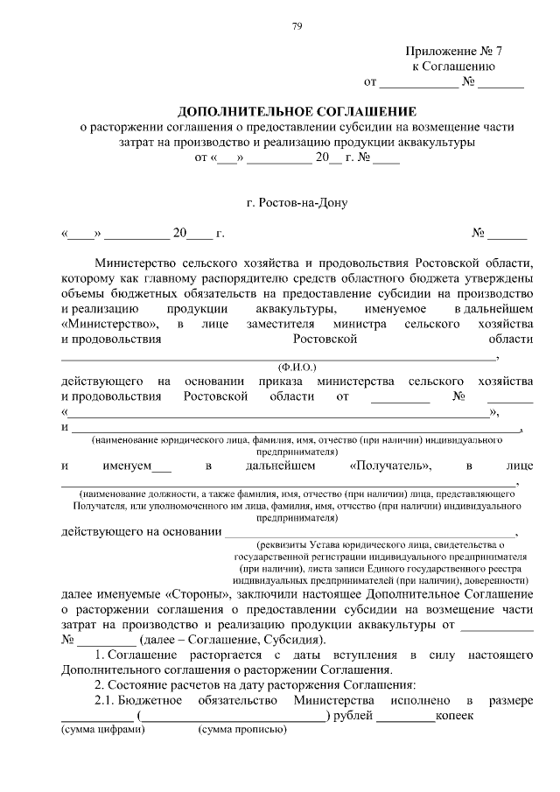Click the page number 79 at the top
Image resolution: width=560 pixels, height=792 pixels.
[297, 25]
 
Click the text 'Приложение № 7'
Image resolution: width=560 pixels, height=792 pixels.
[454, 52]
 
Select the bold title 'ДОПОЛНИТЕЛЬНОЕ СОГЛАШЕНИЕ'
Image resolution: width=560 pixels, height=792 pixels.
[297, 113]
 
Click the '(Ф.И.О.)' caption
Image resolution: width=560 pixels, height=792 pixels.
[297, 368]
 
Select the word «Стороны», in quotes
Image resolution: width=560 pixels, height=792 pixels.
[194, 594]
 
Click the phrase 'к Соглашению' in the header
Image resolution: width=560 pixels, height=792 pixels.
[454, 67]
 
